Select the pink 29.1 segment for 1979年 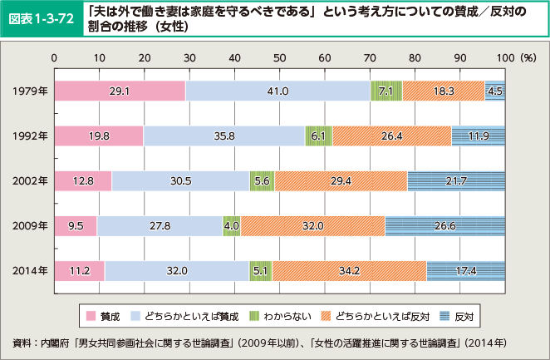(x=120, y=91)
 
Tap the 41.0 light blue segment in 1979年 (x=277, y=91)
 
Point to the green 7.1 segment (x=385, y=91)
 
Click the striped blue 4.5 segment (x=495, y=91)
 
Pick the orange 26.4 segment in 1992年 (x=391, y=136)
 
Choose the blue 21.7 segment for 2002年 (x=456, y=180)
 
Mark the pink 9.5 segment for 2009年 (x=75, y=224)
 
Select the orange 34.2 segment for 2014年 (x=349, y=269)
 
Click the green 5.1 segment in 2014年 (x=260, y=269)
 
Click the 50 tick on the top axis (x=279, y=59)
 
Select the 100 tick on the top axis (x=504, y=59)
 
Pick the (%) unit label (x=527, y=59)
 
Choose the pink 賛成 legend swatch (x=91, y=317)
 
